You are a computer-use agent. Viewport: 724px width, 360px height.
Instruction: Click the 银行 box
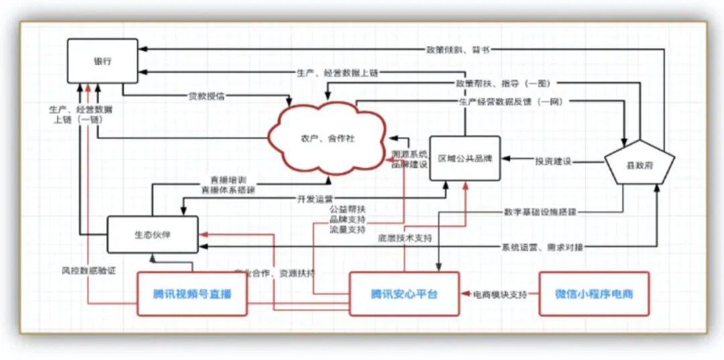[102, 61]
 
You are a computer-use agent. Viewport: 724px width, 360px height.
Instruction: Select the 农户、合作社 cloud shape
[327, 138]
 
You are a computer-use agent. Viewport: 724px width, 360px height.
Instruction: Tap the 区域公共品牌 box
[465, 159]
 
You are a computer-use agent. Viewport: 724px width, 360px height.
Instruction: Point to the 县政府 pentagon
[638, 162]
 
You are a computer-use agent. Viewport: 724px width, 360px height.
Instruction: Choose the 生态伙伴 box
[152, 234]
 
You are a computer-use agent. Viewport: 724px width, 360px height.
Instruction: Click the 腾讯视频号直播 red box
[192, 294]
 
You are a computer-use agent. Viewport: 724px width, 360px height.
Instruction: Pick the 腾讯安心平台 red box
[404, 294]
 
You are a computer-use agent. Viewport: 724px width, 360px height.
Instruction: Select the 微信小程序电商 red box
[594, 294]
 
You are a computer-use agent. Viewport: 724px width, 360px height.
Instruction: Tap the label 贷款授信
[206, 97]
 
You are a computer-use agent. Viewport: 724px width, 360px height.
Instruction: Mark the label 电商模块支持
[500, 294]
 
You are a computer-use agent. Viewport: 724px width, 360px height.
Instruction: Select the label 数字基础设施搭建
[540, 212]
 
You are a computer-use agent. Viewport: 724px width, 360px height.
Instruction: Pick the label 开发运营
[314, 199]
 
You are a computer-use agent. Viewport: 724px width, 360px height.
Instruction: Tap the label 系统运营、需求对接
[542, 247]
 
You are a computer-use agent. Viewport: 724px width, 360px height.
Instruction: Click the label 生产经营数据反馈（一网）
[510, 102]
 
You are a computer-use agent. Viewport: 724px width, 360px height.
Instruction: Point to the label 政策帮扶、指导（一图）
[503, 83]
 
